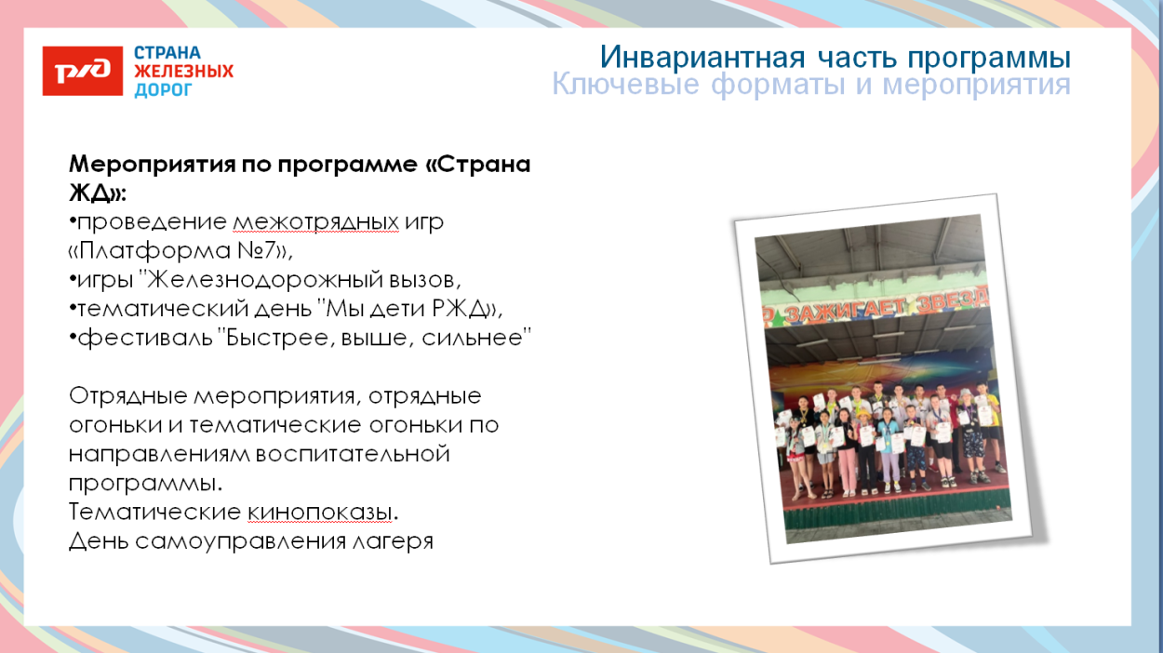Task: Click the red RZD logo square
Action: [83, 71]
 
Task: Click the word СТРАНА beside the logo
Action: [167, 53]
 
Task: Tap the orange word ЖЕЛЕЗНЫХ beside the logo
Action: [183, 72]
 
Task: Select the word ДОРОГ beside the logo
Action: [163, 90]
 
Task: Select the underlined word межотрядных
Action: [315, 223]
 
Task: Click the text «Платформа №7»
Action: [180, 251]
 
